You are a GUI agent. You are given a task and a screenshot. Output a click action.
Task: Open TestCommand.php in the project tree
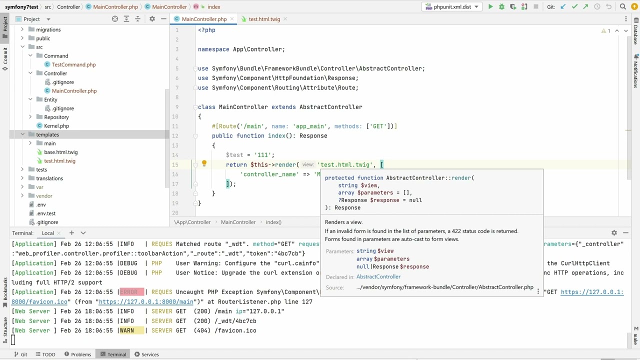point(73,64)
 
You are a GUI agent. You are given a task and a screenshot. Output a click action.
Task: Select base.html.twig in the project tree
point(60,152)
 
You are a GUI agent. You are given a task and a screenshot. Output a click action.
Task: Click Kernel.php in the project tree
point(56,125)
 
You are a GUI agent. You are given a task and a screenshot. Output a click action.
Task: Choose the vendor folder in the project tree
point(44,195)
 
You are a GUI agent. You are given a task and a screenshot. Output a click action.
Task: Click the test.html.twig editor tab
point(264,19)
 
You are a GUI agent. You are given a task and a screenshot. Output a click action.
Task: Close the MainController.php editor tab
point(232,19)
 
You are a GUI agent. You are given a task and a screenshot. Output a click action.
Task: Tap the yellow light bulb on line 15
point(204,163)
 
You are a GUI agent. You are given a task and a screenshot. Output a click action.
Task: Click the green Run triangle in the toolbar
point(490,6)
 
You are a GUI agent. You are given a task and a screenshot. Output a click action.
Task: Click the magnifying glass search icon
point(622,6)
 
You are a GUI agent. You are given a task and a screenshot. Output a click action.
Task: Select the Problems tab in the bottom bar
point(77,354)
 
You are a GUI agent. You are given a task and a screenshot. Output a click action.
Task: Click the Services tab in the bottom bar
point(146,354)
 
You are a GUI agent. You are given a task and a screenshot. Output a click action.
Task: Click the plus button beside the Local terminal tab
point(71,233)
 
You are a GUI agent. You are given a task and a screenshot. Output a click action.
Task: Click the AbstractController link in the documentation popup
point(378,276)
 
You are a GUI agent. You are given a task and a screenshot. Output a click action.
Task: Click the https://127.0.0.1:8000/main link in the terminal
point(146,301)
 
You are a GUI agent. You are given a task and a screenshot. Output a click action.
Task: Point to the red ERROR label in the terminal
point(131,292)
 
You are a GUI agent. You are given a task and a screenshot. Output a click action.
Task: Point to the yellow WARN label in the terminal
point(131,330)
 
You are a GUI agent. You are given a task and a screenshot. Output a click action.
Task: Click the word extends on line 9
point(283,107)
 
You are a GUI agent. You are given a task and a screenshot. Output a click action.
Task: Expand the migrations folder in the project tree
point(22,29)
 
